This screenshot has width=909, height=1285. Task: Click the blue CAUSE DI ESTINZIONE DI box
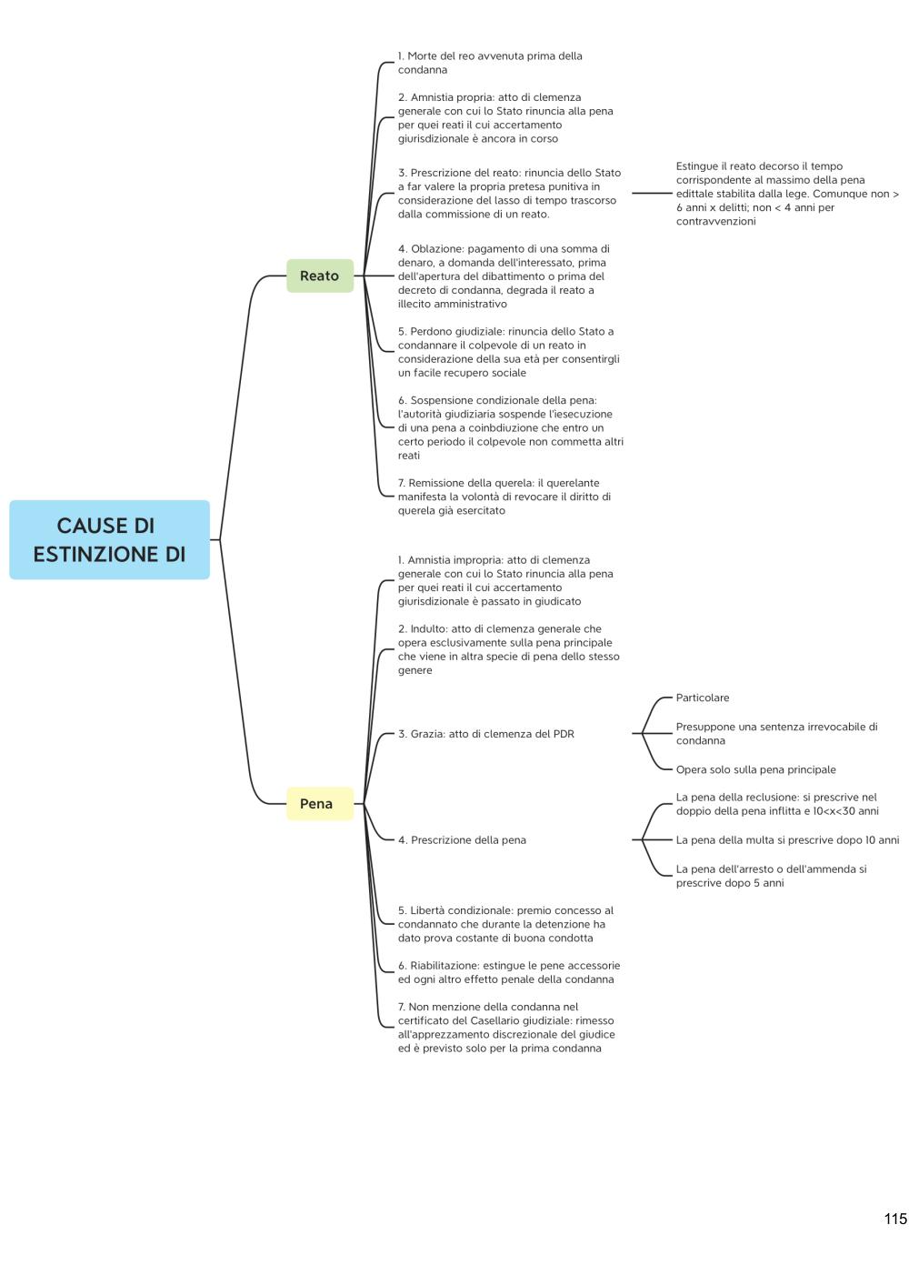[x=110, y=539]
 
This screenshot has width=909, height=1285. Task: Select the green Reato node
[x=320, y=276]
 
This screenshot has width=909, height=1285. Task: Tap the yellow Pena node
[x=320, y=804]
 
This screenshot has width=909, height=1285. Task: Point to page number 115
[x=895, y=1220]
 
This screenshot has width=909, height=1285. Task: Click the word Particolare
[x=703, y=698]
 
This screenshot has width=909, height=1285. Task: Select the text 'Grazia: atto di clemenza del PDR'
[x=492, y=734]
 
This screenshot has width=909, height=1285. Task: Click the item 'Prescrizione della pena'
[x=468, y=839]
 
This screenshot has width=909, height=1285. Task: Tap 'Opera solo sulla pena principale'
[x=756, y=769]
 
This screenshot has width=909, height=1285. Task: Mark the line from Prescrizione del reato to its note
[x=652, y=194]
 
